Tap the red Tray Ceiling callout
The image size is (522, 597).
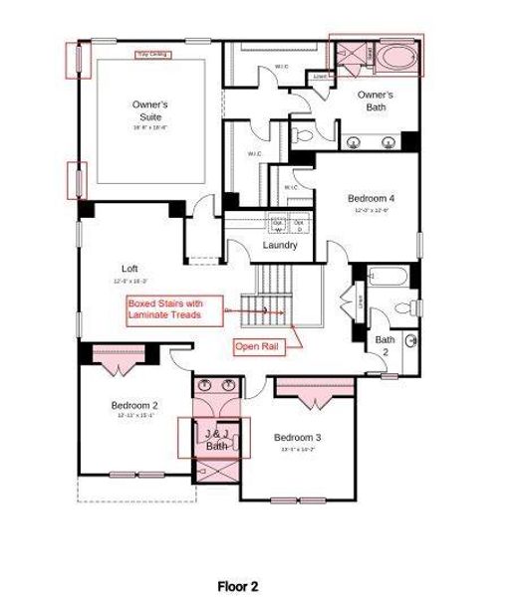pos(151,54)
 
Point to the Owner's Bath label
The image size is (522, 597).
pos(376,100)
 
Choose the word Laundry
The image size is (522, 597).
pos(280,245)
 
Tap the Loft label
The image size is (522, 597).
pos(130,269)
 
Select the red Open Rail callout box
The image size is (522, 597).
pos(256,346)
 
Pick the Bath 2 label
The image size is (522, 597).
pos(385,345)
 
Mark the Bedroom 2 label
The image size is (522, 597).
pos(133,405)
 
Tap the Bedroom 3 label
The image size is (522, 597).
pos(297,438)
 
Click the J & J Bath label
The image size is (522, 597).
pos(216,440)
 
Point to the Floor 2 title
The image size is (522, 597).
pos(238,586)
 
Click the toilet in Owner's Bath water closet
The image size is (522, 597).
pos(304,133)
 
